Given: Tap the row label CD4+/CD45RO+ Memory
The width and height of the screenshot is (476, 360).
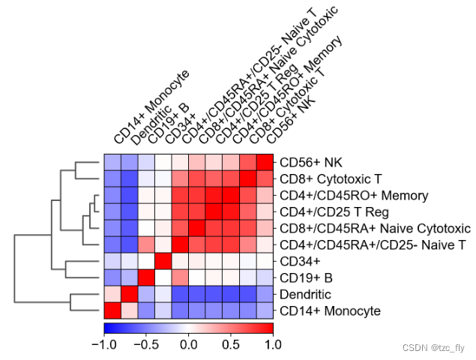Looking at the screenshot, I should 343,195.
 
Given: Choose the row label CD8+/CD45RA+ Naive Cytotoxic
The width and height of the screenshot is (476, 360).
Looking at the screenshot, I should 374,228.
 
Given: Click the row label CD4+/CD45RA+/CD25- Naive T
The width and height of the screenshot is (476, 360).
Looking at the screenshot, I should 373,244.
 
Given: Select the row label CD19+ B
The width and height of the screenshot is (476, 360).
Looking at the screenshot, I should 303,277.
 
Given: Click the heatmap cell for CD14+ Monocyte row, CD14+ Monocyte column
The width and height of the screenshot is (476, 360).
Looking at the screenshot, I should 112,310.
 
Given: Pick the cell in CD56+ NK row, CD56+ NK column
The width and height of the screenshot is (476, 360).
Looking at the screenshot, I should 265,163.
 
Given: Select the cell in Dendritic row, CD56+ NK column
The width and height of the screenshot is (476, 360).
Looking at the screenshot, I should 265,294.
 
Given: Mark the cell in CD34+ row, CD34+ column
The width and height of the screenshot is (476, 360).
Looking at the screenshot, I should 163,261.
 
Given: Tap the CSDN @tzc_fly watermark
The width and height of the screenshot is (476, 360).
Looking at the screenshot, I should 433,347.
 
